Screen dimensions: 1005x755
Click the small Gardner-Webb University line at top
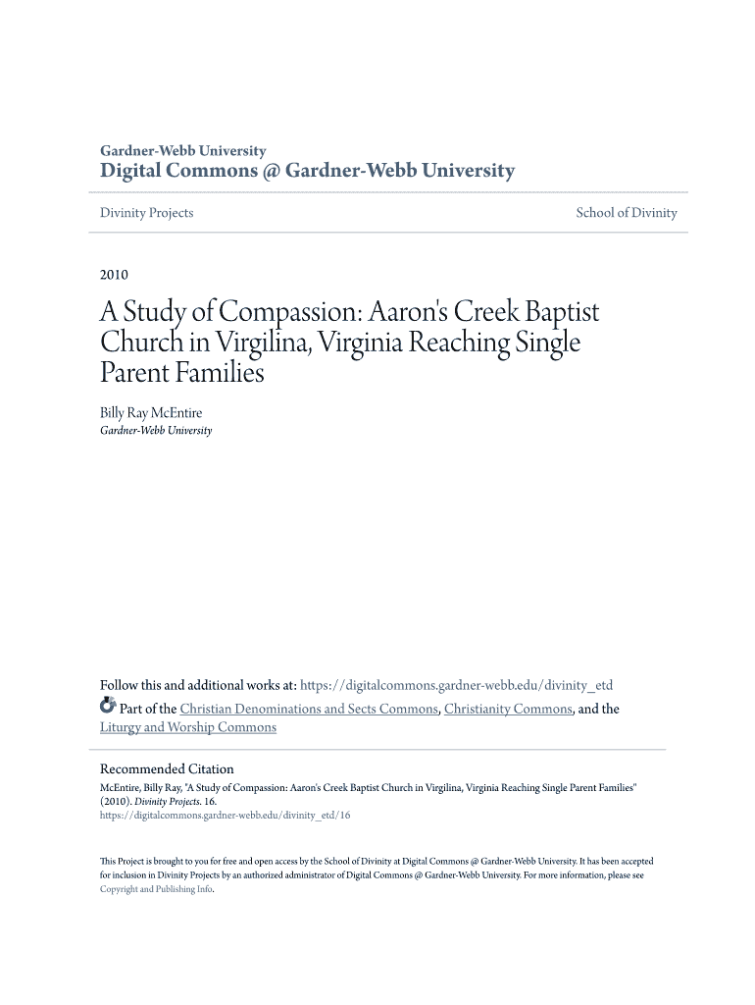(183, 151)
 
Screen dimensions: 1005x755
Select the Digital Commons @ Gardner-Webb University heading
(307, 172)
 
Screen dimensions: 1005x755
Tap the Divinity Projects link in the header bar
(147, 213)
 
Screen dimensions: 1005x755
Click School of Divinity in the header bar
(627, 213)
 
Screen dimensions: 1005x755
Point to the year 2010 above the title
(114, 275)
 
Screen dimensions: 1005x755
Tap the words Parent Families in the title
(182, 374)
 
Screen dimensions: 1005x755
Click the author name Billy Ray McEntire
(151, 413)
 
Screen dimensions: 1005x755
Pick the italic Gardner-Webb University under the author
(156, 431)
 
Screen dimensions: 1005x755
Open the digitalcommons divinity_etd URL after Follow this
(456, 686)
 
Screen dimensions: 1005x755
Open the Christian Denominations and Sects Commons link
(309, 709)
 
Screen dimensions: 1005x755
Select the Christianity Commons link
(508, 709)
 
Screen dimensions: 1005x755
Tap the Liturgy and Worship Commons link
(188, 727)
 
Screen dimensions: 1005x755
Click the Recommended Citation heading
(167, 769)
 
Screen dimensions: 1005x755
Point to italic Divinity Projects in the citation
(162, 801)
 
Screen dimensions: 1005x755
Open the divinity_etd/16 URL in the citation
(225, 815)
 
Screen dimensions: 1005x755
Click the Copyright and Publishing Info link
(156, 889)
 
